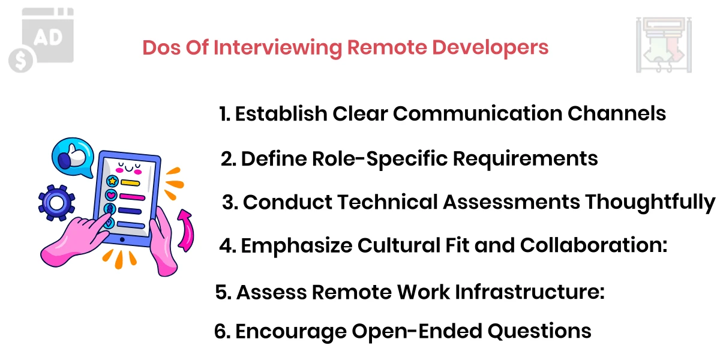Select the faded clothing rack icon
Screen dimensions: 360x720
663,45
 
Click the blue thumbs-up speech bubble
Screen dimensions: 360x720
71,157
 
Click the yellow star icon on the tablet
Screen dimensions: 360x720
112,181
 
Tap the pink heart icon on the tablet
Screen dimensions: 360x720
111,195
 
